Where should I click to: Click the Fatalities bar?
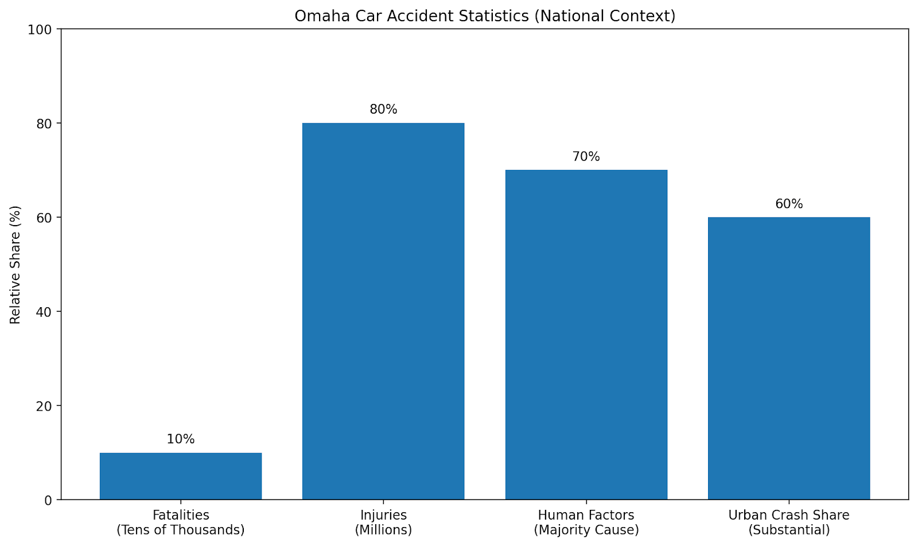pyautogui.click(x=181, y=476)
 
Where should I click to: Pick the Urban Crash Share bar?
pyautogui.click(x=789, y=358)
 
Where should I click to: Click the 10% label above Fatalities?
pyautogui.click(x=181, y=439)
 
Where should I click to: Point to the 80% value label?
pyautogui.click(x=383, y=109)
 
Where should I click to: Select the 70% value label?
pyautogui.click(x=586, y=157)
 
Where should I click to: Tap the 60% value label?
pyautogui.click(x=789, y=204)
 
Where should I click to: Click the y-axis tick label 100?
pyautogui.click(x=40, y=29)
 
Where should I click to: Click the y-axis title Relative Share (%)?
pyautogui.click(x=15, y=265)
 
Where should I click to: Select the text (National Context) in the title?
pyautogui.click(x=605, y=16)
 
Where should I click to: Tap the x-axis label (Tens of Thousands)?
pyautogui.click(x=181, y=530)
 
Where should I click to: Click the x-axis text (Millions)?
pyautogui.click(x=383, y=530)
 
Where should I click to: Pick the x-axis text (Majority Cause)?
pyautogui.click(x=586, y=530)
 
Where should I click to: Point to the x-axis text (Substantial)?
pyautogui.click(x=789, y=530)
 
